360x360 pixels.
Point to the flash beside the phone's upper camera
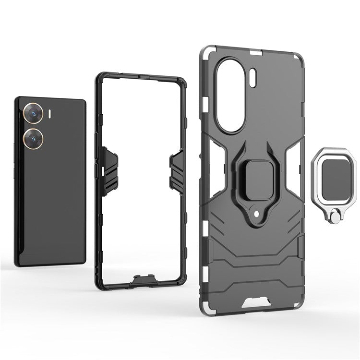pos(50,114)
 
